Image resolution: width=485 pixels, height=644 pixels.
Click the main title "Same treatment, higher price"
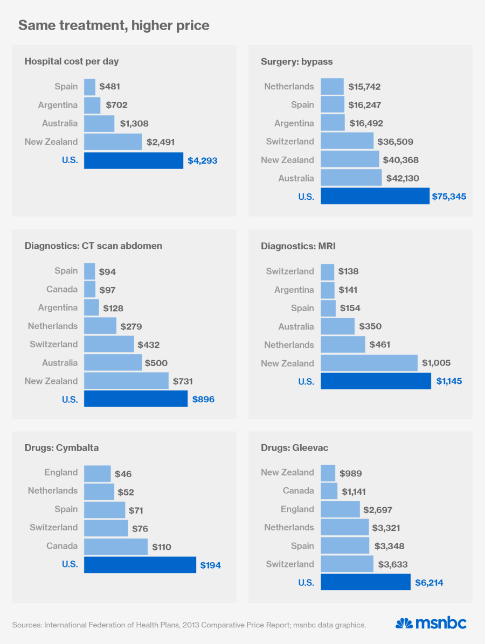114,25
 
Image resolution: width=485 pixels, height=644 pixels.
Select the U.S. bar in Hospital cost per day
134,160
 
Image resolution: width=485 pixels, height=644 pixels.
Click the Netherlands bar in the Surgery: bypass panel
332,87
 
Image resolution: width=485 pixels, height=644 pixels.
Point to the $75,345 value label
449,197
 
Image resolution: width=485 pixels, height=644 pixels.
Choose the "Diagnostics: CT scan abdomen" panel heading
93,246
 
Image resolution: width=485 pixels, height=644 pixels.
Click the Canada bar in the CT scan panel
89,290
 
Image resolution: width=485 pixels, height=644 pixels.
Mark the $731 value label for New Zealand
184,381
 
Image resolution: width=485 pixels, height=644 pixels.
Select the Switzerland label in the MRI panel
290,271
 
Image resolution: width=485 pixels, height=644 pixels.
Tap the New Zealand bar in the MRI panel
369,363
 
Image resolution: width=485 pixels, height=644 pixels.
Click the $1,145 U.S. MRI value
449,382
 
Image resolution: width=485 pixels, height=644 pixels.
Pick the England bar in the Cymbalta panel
98,473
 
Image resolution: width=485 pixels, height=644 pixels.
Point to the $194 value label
211,565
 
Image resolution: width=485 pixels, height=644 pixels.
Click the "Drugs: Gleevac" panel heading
295,448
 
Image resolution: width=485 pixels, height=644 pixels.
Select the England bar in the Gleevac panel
340,509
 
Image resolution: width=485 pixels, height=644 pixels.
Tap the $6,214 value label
429,583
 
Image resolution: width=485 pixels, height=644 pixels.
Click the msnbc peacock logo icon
404,624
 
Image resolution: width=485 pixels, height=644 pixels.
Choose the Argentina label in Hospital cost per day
58,106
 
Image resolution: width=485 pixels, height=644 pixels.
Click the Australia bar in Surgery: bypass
351,178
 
